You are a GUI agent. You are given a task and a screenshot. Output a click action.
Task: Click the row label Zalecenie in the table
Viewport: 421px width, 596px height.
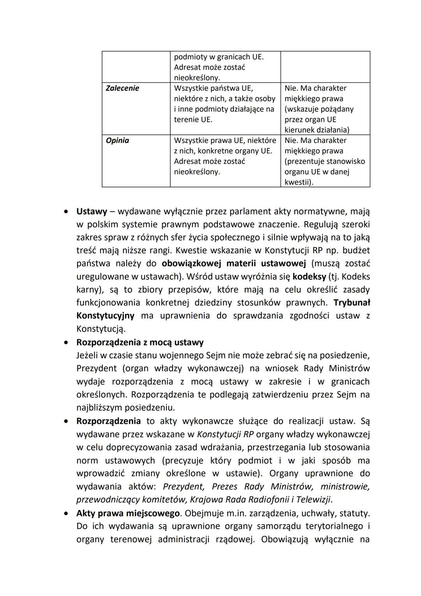coord(122,88)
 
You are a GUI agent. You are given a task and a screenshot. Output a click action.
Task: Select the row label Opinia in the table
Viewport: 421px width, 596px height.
coord(117,141)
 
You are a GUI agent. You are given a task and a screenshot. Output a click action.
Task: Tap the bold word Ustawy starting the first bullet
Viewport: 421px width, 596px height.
coord(92,212)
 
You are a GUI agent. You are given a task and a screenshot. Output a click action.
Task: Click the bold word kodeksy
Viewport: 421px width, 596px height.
coord(309,277)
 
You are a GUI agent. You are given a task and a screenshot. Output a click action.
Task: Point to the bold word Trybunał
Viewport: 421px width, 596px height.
coord(352,303)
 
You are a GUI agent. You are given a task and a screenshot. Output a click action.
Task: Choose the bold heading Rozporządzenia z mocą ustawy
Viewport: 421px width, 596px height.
coord(140,342)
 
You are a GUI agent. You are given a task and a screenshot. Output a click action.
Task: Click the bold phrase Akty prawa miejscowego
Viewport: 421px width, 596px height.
coord(128,513)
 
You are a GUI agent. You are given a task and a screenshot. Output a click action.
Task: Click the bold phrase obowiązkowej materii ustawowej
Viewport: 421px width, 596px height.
coord(234,263)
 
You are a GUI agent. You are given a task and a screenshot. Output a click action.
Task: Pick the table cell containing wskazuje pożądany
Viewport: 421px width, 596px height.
coord(325,109)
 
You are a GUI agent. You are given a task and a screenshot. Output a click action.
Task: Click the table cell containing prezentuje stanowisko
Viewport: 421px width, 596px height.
coord(325,161)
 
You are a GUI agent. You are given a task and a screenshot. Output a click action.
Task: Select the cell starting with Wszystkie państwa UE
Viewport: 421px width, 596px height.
coord(225,104)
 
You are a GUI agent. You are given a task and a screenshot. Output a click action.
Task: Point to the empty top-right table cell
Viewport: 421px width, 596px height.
coord(325,66)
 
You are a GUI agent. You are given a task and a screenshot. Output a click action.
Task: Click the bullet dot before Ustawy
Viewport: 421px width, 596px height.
coord(67,212)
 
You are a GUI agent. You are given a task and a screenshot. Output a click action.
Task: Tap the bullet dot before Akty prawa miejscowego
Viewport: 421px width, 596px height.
coord(67,513)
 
